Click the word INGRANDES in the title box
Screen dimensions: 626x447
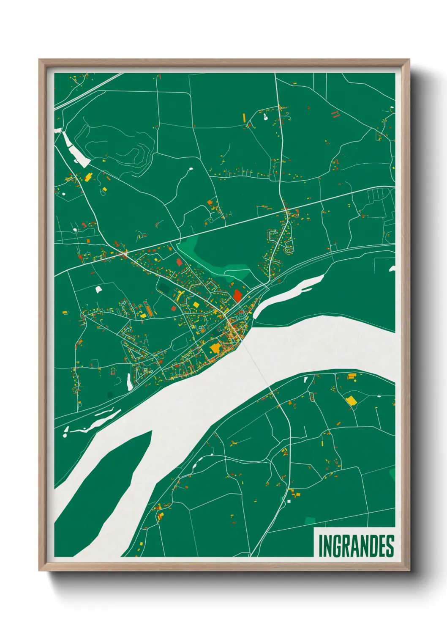coord(356,546)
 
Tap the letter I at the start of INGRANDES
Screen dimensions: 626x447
coord(320,546)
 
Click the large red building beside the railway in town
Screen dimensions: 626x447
coord(237,295)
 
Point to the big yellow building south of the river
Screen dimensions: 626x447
coord(351,401)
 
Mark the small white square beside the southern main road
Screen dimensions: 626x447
coord(289,501)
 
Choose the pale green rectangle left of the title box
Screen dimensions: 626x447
coord(310,520)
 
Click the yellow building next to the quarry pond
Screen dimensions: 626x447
coord(88,177)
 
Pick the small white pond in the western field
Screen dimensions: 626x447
coord(98,289)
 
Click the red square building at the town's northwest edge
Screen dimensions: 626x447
coord(179,262)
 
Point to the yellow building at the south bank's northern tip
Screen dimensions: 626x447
coord(352,376)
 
